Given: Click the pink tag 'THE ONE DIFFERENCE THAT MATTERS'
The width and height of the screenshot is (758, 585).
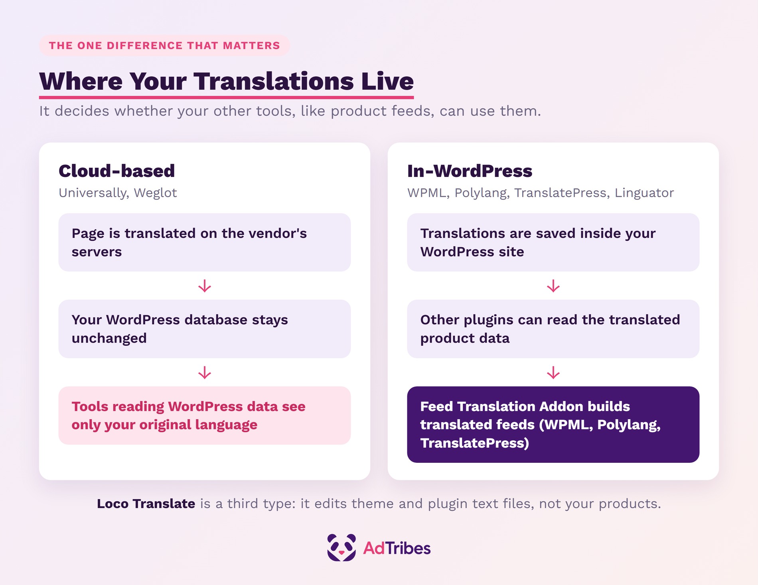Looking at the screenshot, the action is pos(164,46).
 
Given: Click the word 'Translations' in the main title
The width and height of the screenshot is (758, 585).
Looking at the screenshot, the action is pos(274,81).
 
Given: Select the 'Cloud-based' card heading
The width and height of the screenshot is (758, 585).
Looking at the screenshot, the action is pos(117,171).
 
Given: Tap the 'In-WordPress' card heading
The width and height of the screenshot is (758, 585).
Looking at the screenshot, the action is pos(470,171).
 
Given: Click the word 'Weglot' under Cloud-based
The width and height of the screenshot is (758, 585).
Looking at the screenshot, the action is pos(155,193).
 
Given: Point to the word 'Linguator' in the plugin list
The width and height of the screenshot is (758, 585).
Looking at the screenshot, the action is pos(644,193).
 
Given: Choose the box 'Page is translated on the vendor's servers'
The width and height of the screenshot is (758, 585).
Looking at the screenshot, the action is pos(205,242).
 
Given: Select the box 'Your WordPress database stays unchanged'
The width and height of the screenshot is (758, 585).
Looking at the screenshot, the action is pos(205,329).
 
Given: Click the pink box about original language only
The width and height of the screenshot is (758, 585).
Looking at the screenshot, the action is pos(205,416).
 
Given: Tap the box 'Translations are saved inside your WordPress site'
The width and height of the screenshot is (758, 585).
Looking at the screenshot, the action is pos(553,242).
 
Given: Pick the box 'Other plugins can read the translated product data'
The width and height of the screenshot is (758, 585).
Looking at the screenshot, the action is pos(553,329).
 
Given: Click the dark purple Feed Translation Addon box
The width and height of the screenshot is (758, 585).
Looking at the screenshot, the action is pos(553,424).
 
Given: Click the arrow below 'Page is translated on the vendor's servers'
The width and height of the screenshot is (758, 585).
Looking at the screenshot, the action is pos(205,286).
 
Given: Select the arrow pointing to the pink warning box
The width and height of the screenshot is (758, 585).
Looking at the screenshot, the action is pos(205,373).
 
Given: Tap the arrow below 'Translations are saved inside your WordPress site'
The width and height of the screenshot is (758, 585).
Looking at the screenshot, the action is pos(553,286).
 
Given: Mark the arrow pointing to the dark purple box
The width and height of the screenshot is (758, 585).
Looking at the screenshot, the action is pos(553,373).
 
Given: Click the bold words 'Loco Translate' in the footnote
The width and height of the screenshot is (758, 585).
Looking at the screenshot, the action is pos(146,504).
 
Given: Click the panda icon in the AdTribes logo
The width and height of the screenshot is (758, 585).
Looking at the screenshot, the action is pos(341,547).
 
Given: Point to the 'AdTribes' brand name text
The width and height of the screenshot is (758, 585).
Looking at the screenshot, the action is pos(397,548).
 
